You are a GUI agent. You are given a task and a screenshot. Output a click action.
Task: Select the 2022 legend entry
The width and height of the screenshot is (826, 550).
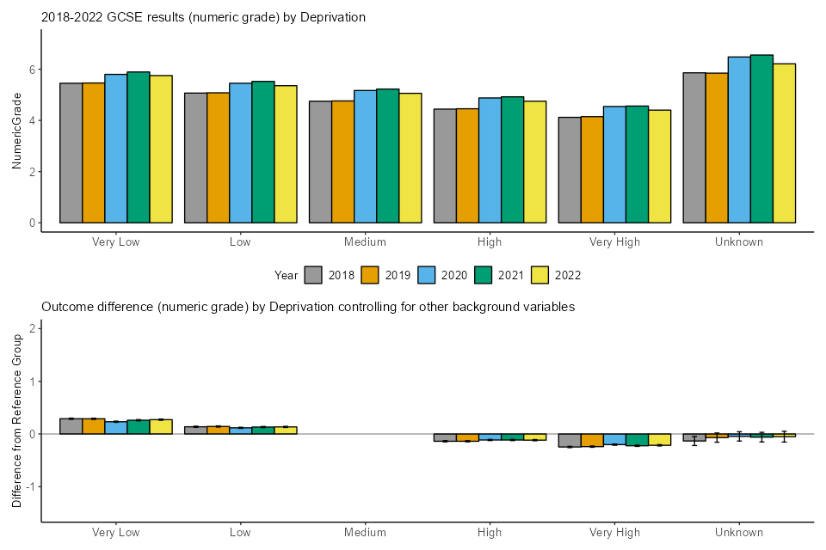[556, 275]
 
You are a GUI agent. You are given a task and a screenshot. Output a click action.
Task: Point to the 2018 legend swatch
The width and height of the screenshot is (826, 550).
[314, 275]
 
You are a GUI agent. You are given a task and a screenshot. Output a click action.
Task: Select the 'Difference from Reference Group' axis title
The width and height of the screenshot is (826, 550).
[16, 421]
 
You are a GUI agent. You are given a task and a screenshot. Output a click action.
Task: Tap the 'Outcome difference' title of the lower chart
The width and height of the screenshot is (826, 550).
[308, 306]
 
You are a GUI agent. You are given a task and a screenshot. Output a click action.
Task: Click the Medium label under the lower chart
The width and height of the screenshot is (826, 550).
[365, 533]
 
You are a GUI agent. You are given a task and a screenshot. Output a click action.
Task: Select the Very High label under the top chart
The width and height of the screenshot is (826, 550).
[614, 242]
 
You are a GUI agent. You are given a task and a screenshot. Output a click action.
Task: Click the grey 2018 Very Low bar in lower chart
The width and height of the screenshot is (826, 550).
[71, 426]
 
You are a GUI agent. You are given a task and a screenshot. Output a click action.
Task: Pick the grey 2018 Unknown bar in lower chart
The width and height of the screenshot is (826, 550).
[693, 437]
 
